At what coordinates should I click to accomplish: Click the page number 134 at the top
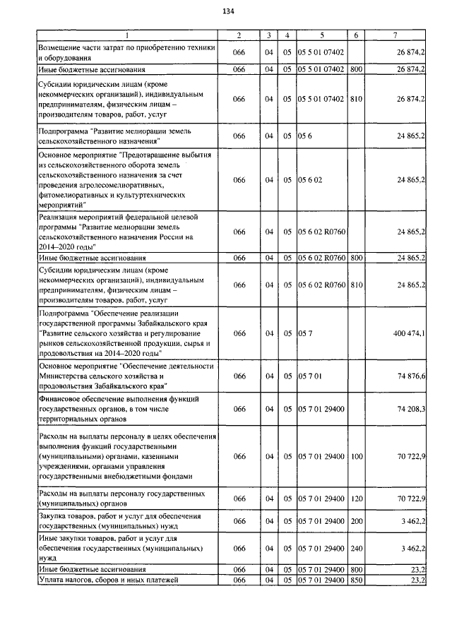[x=227, y=11]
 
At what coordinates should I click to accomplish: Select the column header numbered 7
[x=400, y=35]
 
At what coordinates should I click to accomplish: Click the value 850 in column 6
[x=356, y=580]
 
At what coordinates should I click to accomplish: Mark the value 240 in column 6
[x=356, y=547]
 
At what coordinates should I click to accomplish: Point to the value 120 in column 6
[x=356, y=498]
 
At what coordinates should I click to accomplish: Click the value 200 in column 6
[x=356, y=521]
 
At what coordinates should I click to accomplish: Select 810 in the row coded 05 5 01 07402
[x=356, y=100]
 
